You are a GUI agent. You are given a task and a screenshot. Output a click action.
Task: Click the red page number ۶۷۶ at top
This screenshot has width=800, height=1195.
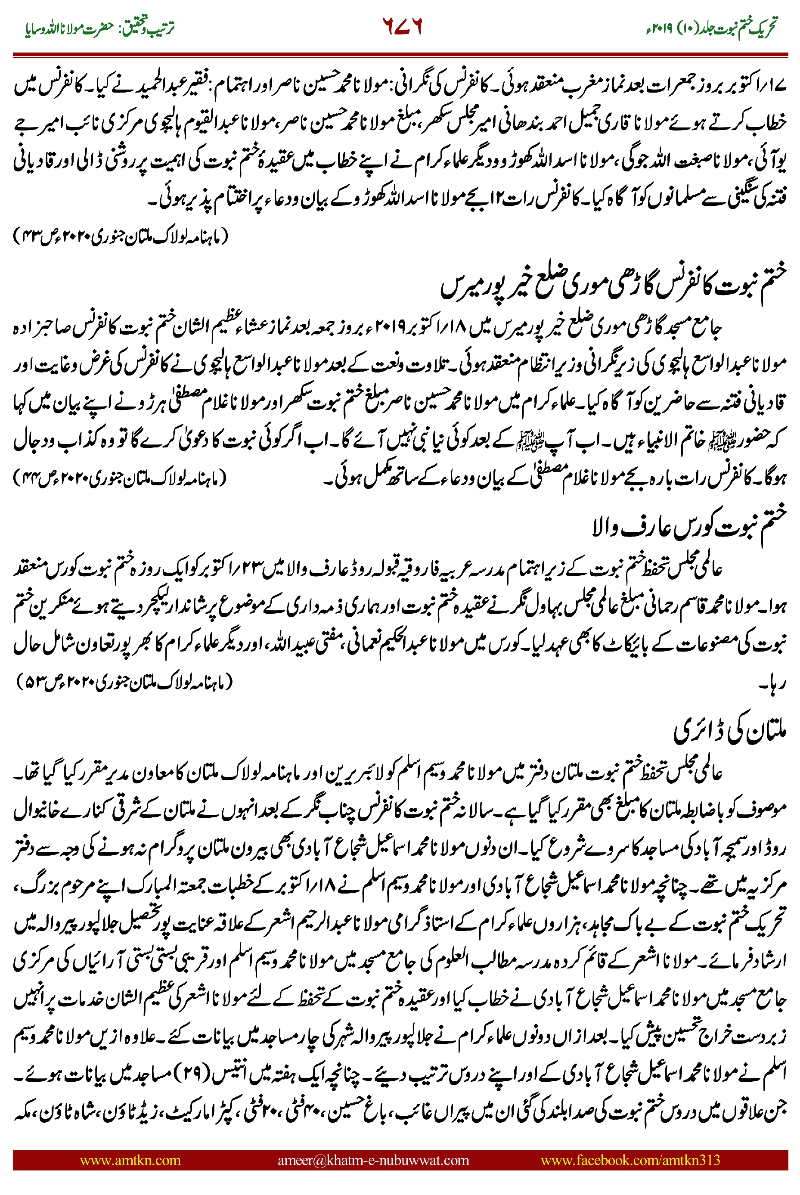click(402, 27)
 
